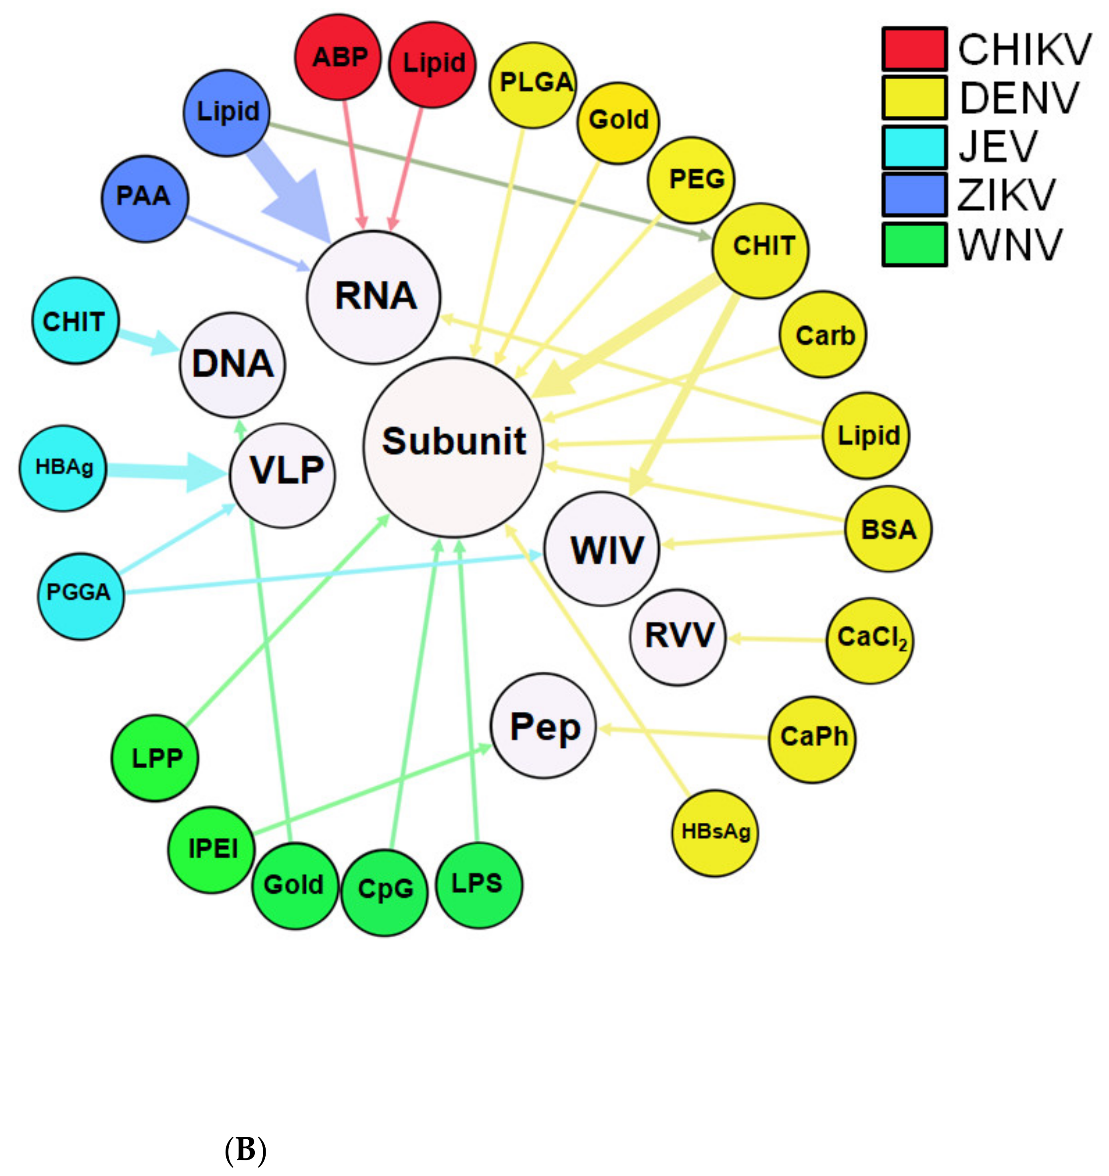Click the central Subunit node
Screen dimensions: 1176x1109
(x=453, y=447)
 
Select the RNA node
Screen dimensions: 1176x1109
(x=374, y=297)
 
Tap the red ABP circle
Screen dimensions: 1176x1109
(x=339, y=57)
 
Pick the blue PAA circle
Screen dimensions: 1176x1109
(x=144, y=199)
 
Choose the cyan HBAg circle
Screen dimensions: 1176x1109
(x=63, y=468)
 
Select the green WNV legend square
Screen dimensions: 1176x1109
(x=914, y=244)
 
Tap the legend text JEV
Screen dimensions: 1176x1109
(x=998, y=147)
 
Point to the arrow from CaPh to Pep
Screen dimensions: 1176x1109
(x=681, y=733)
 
